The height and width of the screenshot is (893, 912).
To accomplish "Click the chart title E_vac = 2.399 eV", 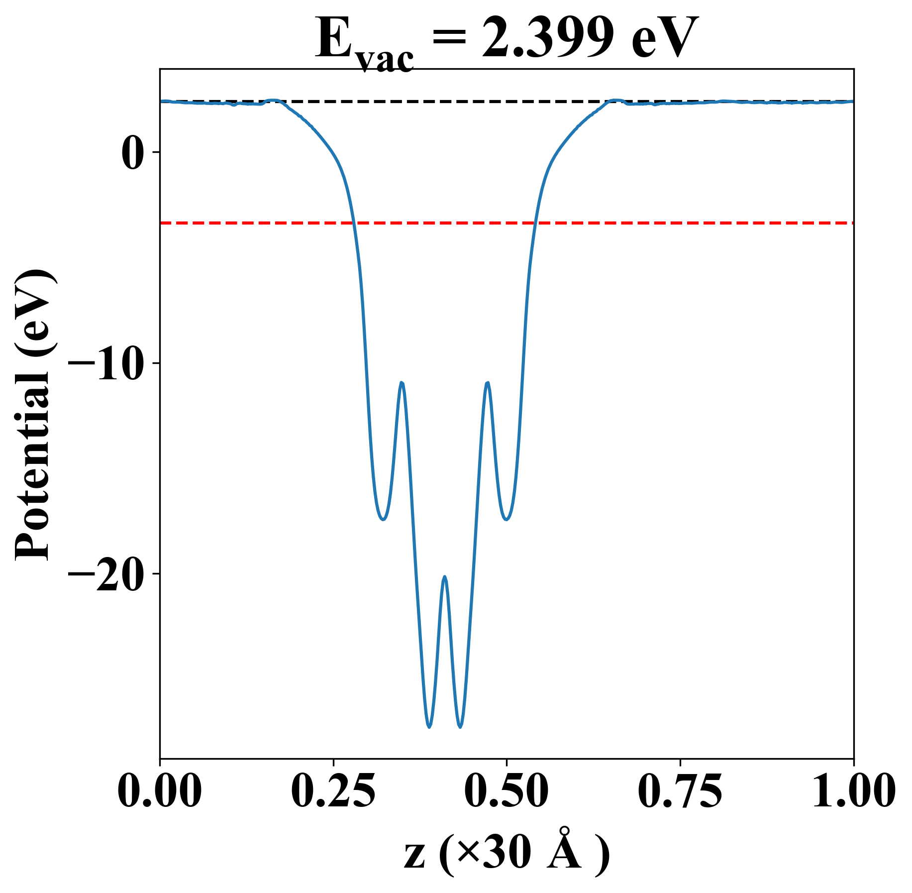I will [x=506, y=40].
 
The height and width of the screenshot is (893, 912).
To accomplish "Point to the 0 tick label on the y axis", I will [x=132, y=152].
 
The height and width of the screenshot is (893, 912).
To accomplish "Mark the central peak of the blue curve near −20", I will [x=445, y=577].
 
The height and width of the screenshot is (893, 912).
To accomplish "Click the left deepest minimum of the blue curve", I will [x=429, y=727].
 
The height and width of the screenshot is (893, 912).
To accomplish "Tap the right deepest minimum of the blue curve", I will [x=460, y=727].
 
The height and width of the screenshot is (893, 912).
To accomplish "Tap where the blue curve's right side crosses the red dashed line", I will [x=535, y=223].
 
